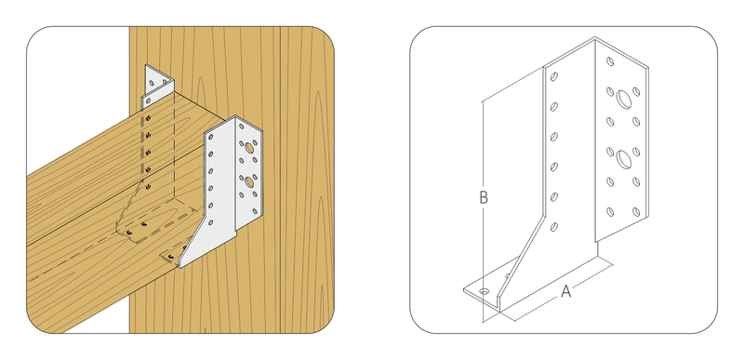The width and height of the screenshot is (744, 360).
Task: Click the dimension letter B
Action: point(484,197)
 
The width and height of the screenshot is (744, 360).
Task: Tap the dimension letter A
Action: point(565,291)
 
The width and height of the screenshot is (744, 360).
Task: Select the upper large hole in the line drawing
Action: point(624,100)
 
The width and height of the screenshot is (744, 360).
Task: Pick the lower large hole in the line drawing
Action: point(624,159)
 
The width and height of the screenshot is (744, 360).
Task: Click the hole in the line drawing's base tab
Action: point(484,291)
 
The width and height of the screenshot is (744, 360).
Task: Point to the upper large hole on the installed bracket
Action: point(249,149)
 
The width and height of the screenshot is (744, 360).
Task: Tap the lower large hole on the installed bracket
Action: point(249,181)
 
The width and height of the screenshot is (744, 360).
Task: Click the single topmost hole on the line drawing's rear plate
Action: point(610,61)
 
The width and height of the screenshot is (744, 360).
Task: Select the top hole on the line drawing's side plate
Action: point(553,76)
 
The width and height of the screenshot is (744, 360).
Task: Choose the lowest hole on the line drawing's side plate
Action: point(553,227)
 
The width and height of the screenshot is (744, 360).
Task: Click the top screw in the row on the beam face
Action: point(149,117)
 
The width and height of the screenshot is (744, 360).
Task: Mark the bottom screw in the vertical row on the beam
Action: point(148,187)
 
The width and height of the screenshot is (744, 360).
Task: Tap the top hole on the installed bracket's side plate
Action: point(211,138)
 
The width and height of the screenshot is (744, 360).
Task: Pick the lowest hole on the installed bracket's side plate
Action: point(211,222)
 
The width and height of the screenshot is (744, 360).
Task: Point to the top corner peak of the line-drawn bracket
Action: point(595,37)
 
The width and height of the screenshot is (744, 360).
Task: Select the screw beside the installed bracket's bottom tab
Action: point(170,257)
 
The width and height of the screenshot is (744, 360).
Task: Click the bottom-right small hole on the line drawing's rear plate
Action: point(636,212)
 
